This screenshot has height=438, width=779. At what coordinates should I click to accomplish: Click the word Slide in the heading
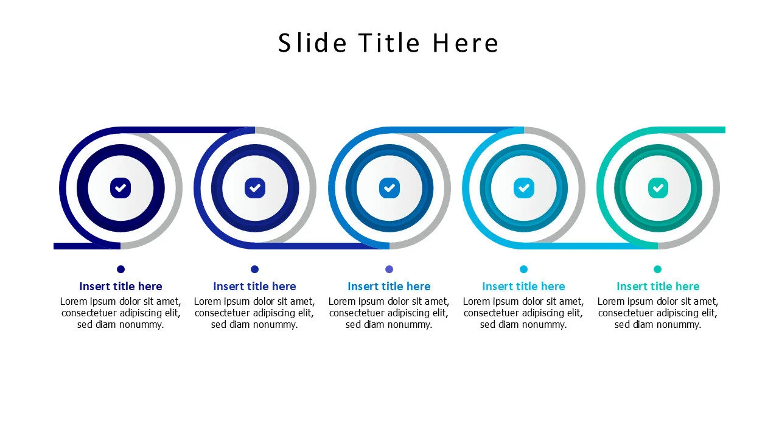coord(313,43)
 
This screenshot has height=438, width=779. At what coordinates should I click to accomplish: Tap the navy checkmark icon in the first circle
coord(121,188)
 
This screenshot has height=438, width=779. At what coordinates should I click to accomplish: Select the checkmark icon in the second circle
coord(255,188)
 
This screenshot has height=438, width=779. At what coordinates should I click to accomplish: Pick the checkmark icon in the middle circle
coord(389,188)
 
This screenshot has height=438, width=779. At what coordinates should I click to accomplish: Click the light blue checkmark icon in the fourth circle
coord(523,188)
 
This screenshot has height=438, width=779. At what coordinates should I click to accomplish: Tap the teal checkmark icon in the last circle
coord(658,188)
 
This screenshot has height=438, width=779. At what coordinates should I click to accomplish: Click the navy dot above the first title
coord(121,269)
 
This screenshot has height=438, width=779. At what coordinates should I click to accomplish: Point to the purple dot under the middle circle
coord(389,269)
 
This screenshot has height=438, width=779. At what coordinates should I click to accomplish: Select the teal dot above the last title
coord(657,269)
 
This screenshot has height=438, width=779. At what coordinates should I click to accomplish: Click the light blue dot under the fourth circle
coord(523,269)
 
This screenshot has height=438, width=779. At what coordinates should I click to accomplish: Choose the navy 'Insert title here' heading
coord(121,287)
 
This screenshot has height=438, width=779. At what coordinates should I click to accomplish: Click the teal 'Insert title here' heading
coord(658,287)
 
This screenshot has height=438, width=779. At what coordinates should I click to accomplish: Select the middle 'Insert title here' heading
coord(389,287)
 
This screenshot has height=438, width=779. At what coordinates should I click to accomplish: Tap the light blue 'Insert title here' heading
coord(523,287)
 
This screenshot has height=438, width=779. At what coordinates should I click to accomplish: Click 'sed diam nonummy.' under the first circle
coord(121,325)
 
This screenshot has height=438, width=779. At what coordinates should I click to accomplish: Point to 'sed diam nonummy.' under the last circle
coord(658,325)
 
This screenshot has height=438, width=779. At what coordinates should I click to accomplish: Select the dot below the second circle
coord(255,269)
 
